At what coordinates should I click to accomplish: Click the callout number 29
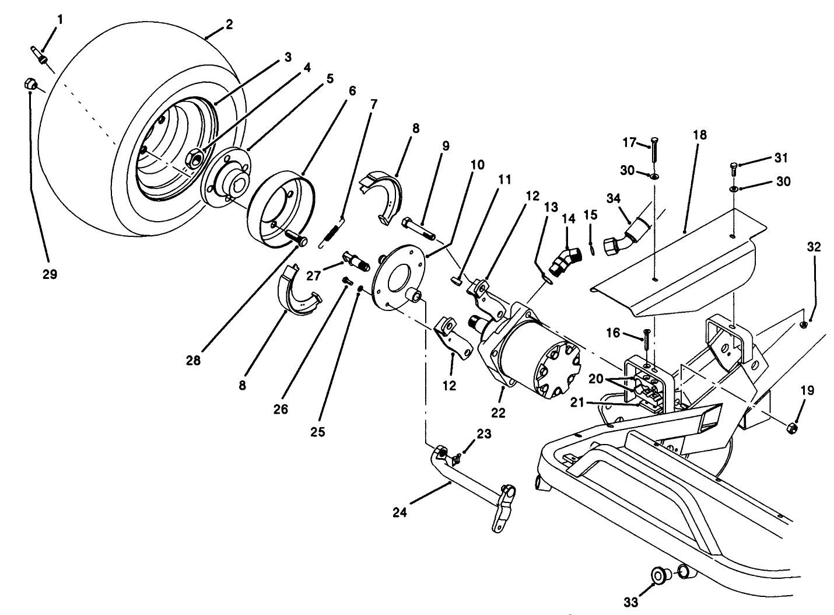tap(50, 274)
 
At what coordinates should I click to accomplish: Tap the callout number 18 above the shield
tap(699, 135)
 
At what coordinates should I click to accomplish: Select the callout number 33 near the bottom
tap(630, 601)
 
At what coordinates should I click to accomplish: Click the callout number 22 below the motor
tap(497, 413)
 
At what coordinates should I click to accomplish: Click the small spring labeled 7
tap(332, 233)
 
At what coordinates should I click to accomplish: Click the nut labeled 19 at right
tap(791, 428)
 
